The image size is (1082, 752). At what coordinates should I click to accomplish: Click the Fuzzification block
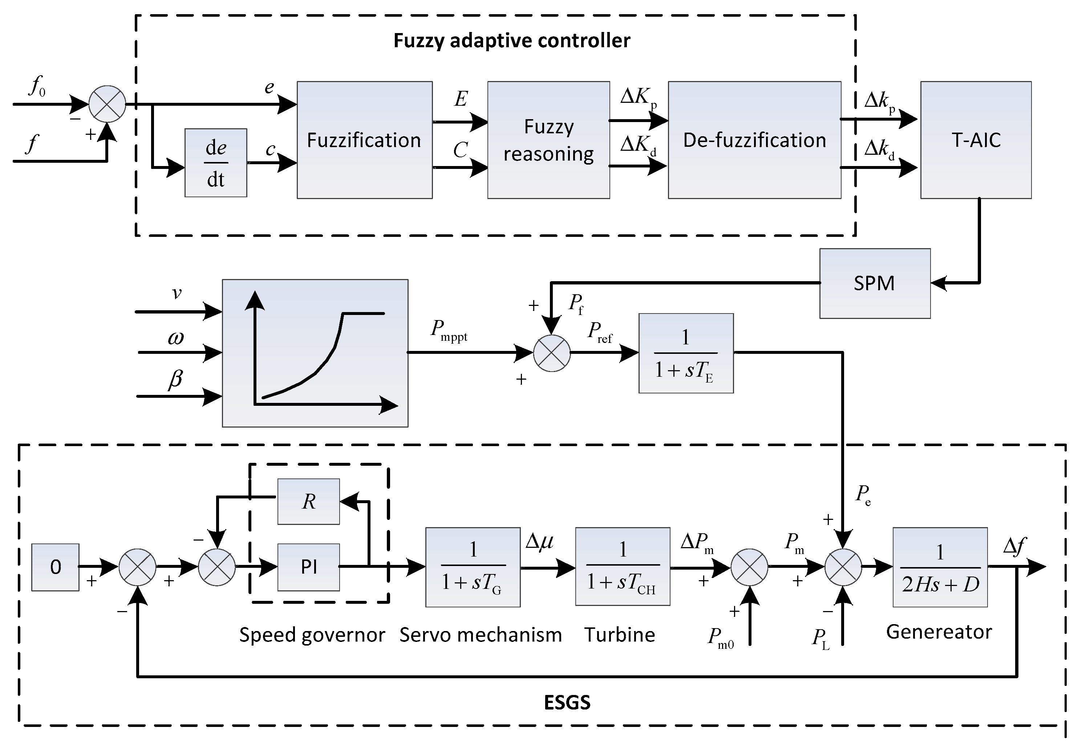[x=364, y=140]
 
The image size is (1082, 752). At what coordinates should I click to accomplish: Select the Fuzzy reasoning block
[x=548, y=140]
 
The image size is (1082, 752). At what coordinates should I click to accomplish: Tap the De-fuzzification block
[x=754, y=140]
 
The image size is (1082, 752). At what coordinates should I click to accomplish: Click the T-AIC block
[x=976, y=140]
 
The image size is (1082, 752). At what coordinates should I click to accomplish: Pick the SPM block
[x=874, y=283]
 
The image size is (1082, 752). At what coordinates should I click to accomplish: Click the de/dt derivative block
[x=216, y=162]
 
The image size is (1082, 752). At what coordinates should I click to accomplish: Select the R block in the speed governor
[x=308, y=501]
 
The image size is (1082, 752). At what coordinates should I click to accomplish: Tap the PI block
[x=308, y=567]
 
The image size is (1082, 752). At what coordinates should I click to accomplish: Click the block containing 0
[x=55, y=567]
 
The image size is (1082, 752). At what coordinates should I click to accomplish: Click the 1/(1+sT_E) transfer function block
[x=685, y=353]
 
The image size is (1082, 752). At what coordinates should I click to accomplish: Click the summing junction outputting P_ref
[x=552, y=353]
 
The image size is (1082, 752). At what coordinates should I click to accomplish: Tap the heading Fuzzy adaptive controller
[x=511, y=41]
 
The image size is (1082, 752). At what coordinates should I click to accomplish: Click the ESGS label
[x=567, y=703]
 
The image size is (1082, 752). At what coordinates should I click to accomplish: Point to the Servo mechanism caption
[x=481, y=635]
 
